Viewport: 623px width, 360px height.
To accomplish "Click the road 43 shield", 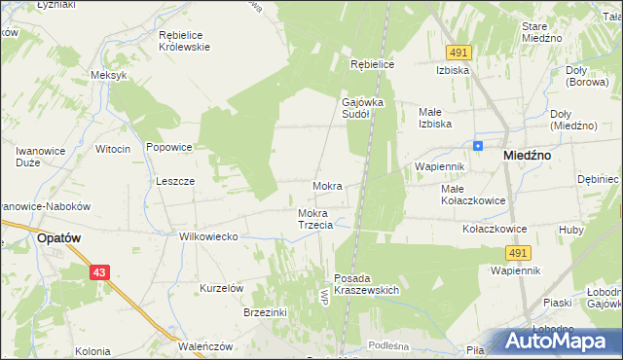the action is click(100, 272).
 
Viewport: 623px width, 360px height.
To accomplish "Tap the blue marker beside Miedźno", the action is click(478, 146).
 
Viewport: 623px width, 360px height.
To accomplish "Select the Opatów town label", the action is click(57, 236).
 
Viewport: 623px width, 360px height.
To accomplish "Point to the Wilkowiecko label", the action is click(208, 236).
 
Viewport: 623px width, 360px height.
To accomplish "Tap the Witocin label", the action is click(113, 148).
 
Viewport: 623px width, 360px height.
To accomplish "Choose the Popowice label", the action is click(168, 148).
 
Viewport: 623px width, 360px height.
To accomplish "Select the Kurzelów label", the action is click(221, 288).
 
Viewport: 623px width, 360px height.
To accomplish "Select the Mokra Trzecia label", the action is click(315, 219).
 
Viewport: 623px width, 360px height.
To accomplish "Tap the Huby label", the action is click(571, 230).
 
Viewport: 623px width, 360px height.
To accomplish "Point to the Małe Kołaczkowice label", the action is click(473, 195).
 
